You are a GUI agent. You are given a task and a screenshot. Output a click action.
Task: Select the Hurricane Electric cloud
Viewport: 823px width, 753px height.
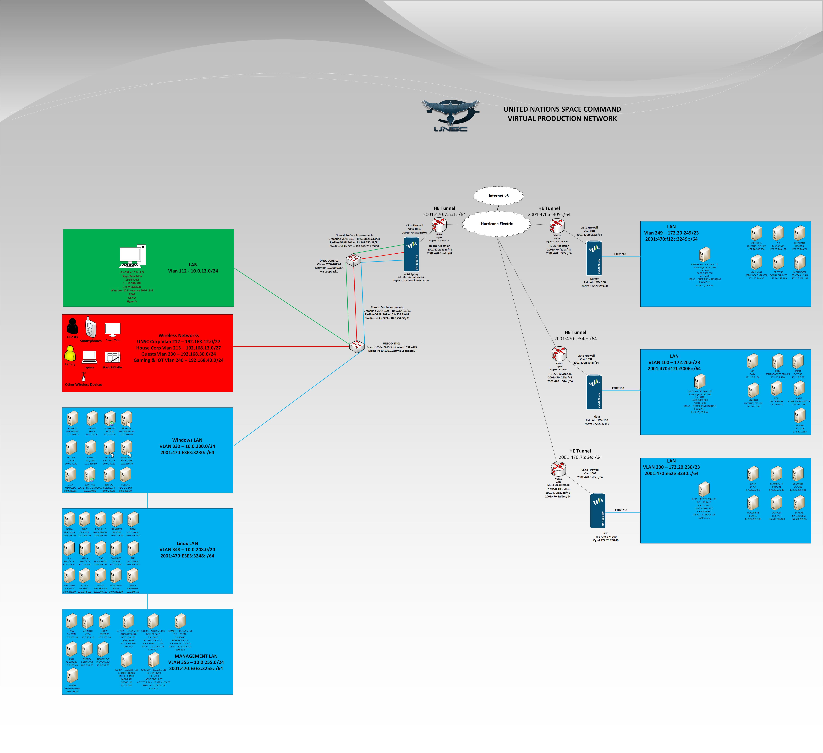coord(496,224)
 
